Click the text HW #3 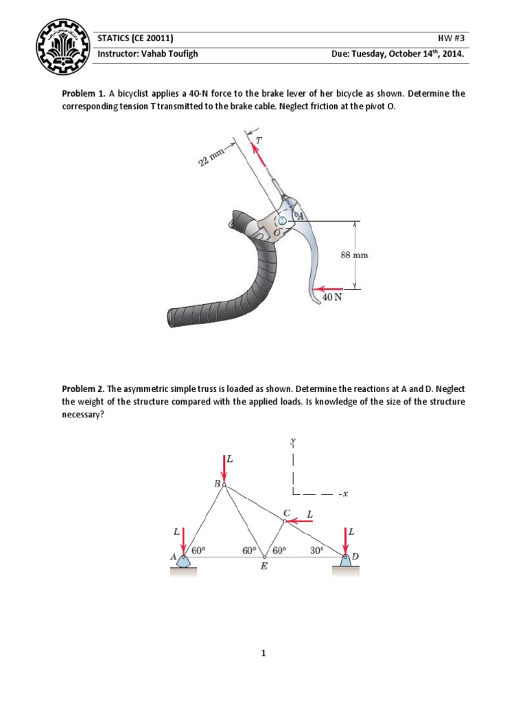coord(453,38)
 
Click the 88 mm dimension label coord(354,254)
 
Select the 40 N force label coord(332,299)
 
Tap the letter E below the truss coord(263,567)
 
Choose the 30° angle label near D coord(317,550)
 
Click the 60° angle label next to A coord(198,550)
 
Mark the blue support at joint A coord(185,561)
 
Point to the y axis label coord(293,443)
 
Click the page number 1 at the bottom coord(263,654)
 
